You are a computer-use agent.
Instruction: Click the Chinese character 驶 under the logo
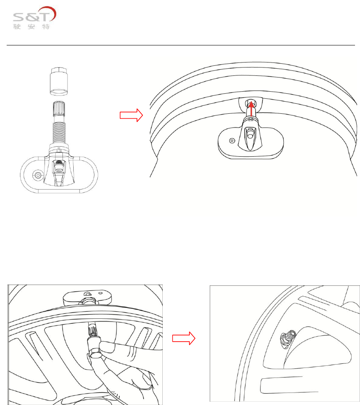click(x=18, y=27)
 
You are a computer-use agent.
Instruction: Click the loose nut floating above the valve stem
click(x=58, y=80)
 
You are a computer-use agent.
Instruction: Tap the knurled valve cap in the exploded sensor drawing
click(x=59, y=110)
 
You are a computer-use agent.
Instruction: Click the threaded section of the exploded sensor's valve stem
click(x=59, y=130)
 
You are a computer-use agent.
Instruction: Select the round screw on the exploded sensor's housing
click(x=38, y=176)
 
